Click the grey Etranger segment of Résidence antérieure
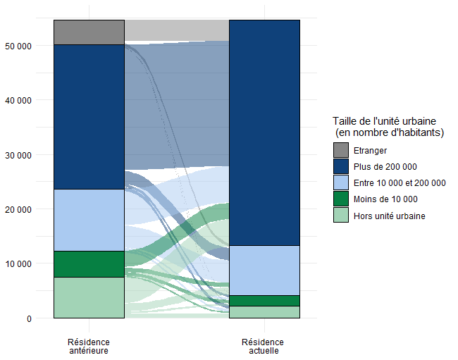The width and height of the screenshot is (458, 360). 89,32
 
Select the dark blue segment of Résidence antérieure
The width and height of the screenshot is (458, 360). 89,116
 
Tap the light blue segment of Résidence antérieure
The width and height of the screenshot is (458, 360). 89,220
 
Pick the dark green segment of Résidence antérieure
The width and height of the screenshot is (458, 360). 89,263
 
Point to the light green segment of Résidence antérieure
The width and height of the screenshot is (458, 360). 89,297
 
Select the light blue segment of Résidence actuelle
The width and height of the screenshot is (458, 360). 264,270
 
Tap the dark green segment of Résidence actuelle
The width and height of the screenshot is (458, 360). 264,300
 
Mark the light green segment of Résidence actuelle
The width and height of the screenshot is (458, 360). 264,312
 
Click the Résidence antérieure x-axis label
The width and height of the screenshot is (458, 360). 89,346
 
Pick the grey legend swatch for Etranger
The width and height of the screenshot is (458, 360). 341,150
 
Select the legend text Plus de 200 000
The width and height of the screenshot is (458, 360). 385,166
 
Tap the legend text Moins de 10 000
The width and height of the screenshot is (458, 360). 385,199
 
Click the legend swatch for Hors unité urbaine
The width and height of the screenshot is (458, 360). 341,216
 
